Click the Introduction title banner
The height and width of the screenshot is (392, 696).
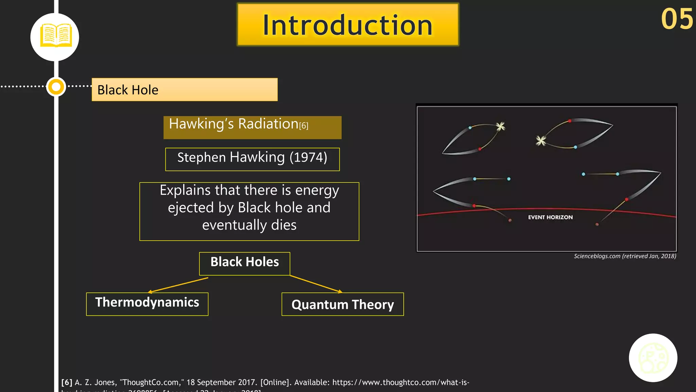pos(348,25)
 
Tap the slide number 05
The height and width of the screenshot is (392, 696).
pos(676,19)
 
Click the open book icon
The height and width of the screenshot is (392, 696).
pos(55,35)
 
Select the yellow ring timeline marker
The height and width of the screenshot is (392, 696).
pos(56,87)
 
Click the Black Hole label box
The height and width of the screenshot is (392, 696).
pos(185,90)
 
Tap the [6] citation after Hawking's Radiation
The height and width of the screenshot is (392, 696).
pos(303,126)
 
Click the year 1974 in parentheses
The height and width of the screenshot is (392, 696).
pos(308,158)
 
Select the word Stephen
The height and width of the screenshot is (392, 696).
pos(201,158)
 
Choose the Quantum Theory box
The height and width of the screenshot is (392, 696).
pos(343,304)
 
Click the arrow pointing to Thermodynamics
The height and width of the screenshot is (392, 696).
pos(178,285)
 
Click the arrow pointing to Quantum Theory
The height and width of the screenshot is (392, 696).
pos(316,284)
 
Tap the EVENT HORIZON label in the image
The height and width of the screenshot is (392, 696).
pos(550,217)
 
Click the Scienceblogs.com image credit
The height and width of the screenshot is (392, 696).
pos(625,256)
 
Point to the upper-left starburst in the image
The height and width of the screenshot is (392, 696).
pos(501,127)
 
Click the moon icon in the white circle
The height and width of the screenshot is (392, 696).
pos(653,358)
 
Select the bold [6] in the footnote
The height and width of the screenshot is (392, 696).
pos(67,382)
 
